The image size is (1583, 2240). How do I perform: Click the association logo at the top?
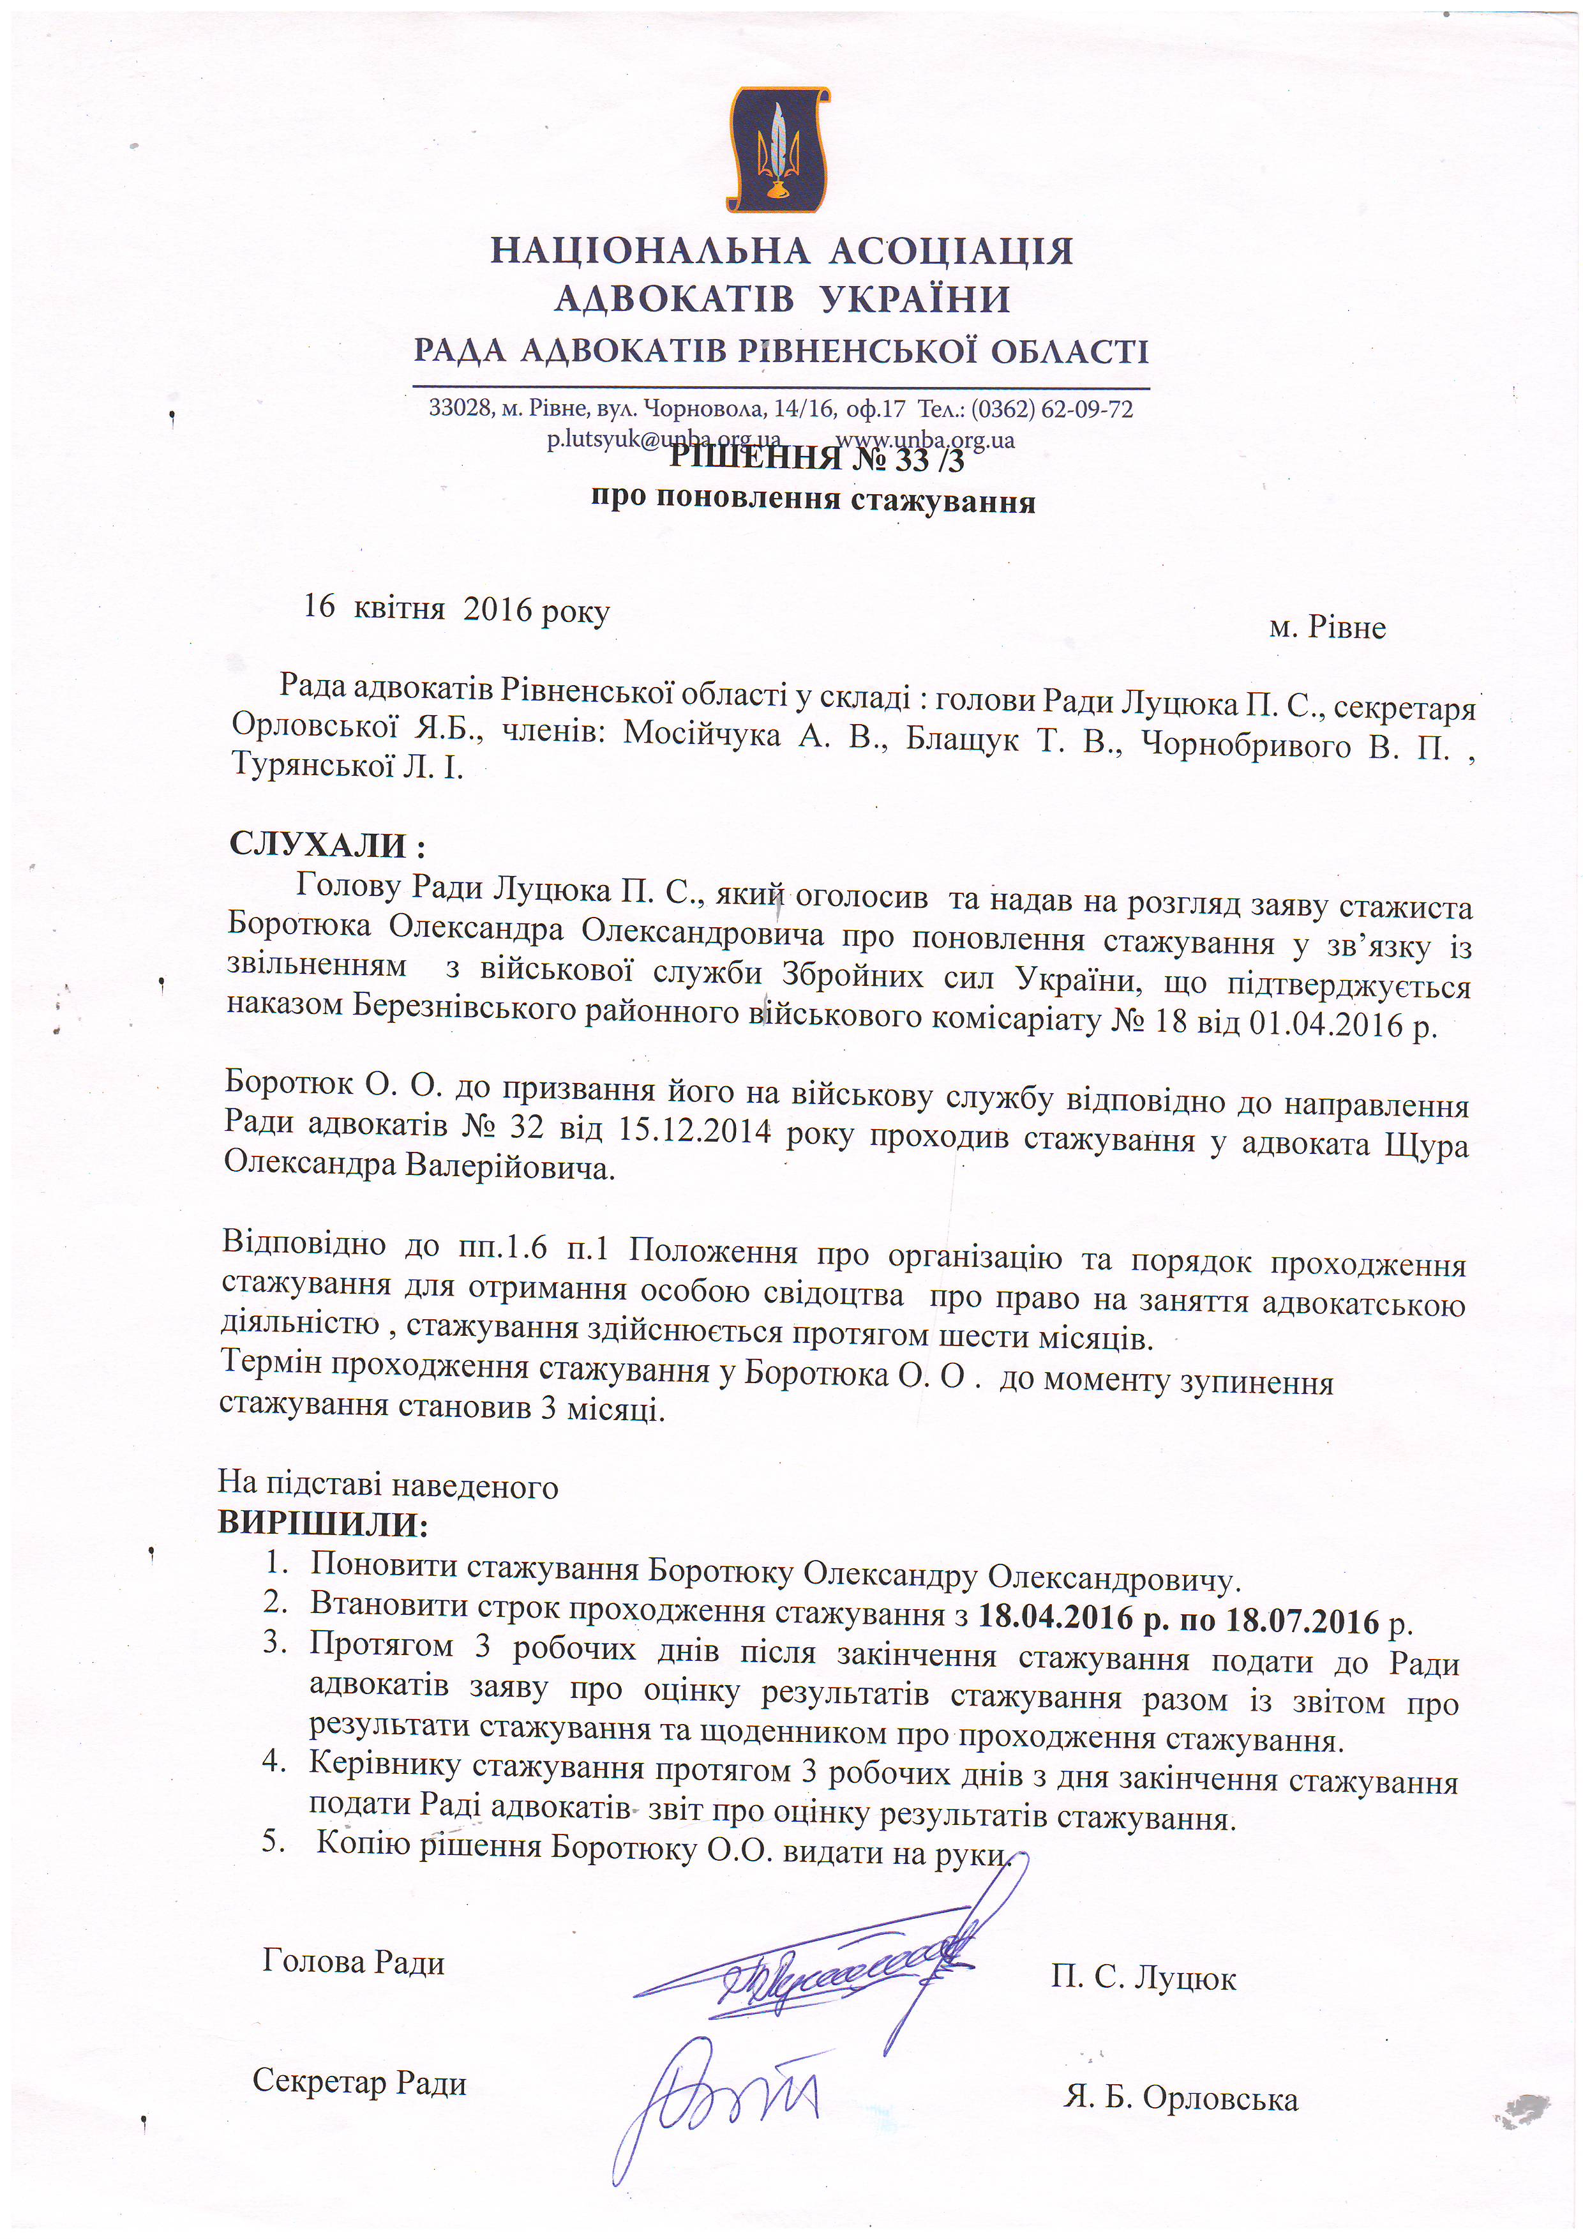point(778,149)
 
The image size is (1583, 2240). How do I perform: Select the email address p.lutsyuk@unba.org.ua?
point(663,440)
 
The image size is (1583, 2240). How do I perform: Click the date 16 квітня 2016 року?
point(456,608)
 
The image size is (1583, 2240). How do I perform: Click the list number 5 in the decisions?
point(273,1841)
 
